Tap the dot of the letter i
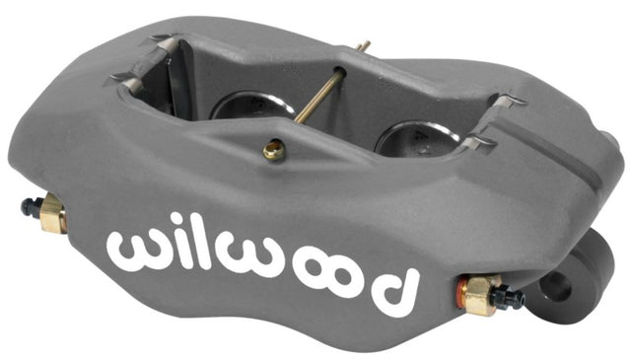coord(184,219)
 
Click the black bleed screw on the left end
coord(31,207)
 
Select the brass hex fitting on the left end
coord(52,213)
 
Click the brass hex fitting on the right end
coord(479,294)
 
